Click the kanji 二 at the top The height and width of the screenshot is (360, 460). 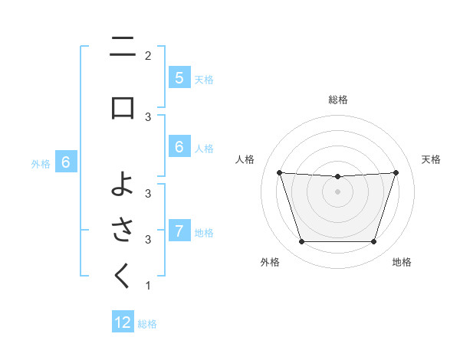pyautogui.click(x=123, y=49)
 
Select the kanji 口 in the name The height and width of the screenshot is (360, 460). pyautogui.click(x=123, y=107)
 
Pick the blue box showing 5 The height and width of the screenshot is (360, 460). pyautogui.click(x=179, y=78)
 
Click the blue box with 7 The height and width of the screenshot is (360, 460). pyautogui.click(x=179, y=231)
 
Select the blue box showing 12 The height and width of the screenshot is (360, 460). pyautogui.click(x=123, y=322)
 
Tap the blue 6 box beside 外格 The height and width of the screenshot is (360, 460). pyautogui.click(x=66, y=162)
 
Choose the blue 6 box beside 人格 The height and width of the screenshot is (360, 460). pyautogui.click(x=179, y=148)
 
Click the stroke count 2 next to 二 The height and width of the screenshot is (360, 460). pyautogui.click(x=148, y=55)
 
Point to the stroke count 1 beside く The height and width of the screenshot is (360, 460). pyautogui.click(x=148, y=286)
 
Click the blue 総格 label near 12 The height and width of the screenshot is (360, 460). pyautogui.click(x=147, y=324)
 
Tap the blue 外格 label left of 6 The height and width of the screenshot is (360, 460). pyautogui.click(x=41, y=163)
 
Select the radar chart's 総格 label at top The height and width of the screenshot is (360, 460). pyautogui.click(x=337, y=100)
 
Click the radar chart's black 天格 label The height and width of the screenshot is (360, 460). pyautogui.click(x=431, y=159)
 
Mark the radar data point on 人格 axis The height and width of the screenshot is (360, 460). pyautogui.click(x=279, y=172)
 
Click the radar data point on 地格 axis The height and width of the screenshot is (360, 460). pyautogui.click(x=373, y=242)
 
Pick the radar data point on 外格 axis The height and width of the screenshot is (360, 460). pyautogui.click(x=301, y=242)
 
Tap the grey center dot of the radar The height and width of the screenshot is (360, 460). pyautogui.click(x=337, y=191)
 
